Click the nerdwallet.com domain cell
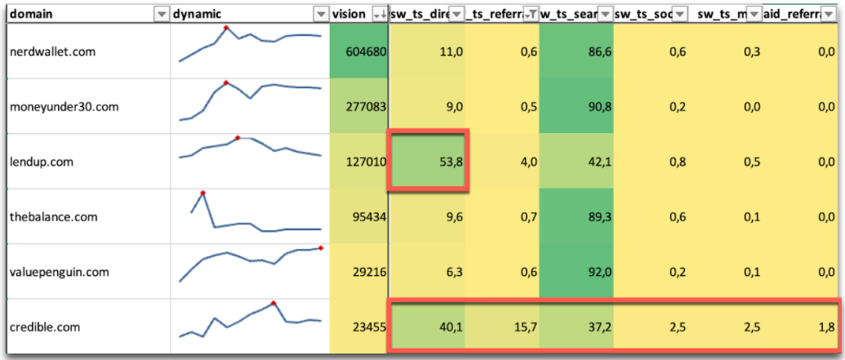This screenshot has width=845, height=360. pos(52,52)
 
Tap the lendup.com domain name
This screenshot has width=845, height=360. pos(42,162)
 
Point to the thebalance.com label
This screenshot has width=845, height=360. pos(53,217)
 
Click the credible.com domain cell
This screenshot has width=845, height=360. pos(45,327)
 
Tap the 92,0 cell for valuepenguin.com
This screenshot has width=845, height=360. pos(596,272)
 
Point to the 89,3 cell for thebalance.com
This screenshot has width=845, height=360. pos(596,217)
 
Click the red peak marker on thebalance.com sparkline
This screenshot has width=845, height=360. pos(202,193)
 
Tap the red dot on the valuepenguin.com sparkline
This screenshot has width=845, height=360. pos(321,247)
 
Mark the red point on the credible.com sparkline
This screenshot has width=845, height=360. pos(274,303)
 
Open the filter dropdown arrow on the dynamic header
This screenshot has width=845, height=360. pos(320,14)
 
